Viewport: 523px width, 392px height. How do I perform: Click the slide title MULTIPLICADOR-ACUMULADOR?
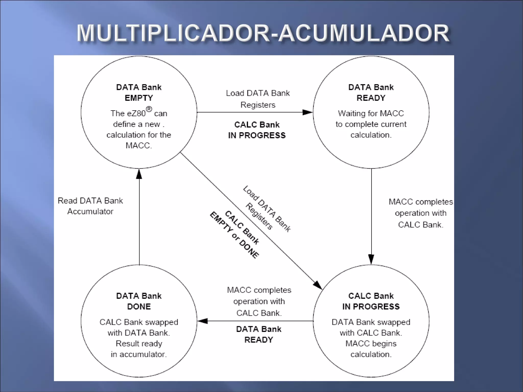(263, 33)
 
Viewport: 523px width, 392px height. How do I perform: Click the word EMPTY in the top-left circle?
(139, 98)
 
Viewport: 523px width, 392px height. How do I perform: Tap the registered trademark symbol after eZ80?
(149, 109)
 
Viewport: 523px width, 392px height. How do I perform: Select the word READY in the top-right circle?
(371, 98)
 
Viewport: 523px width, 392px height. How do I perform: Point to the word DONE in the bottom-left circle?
(139, 306)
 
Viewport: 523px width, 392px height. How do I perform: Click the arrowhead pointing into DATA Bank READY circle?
(307, 112)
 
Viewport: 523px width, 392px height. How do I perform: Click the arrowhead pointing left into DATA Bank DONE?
(203, 321)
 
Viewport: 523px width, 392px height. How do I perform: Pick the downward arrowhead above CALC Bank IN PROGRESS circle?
(371, 259)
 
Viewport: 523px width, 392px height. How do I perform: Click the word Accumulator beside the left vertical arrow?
(90, 211)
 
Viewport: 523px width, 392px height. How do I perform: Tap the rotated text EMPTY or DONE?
(234, 235)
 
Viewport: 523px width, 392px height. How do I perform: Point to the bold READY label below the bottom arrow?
(259, 340)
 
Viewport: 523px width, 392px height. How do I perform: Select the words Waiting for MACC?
(371, 113)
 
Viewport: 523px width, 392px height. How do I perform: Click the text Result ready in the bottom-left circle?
(139, 343)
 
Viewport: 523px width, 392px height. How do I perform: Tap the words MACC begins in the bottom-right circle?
(371, 343)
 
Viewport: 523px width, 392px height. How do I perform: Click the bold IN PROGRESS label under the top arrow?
(257, 135)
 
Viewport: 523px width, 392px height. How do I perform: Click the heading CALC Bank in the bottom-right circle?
(371, 296)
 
